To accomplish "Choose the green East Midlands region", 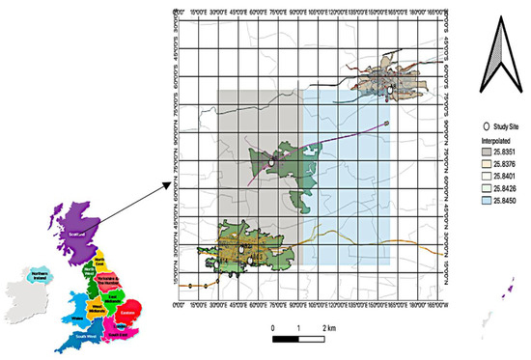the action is click(x=112, y=299).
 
